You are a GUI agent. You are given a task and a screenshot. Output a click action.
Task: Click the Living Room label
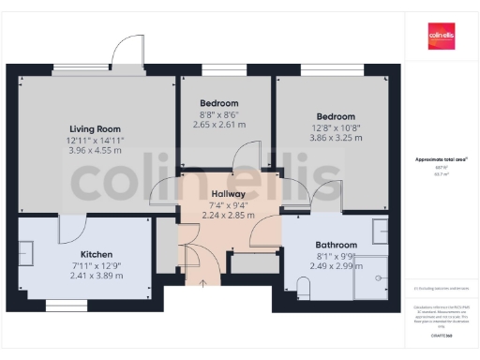coord(96,128)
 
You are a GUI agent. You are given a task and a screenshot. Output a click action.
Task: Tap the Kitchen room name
coord(97,254)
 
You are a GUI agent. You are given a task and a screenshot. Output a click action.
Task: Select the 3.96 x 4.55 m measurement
coord(96,150)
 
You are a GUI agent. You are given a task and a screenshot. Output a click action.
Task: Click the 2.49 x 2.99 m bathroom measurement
coord(336,265)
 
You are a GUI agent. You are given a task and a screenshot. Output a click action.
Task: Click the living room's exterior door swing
coord(125,52)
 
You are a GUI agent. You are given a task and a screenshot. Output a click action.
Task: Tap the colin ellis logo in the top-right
coord(441,35)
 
